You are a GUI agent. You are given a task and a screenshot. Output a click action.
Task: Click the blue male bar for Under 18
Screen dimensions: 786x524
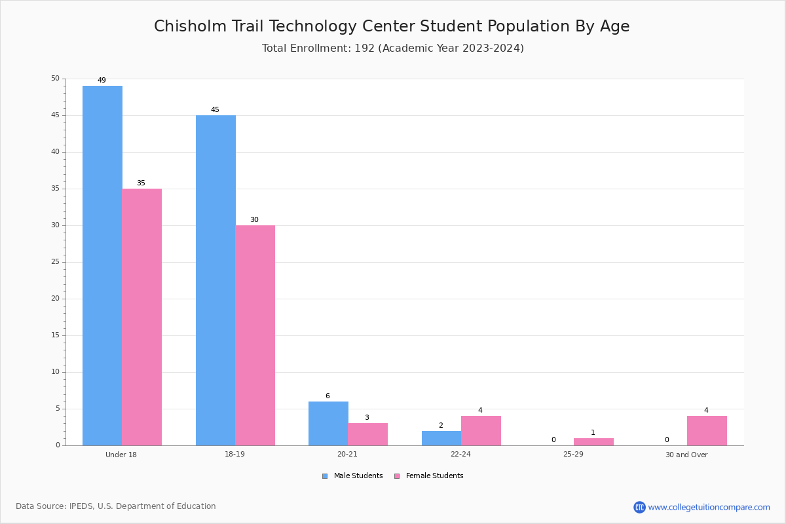[x=102, y=266]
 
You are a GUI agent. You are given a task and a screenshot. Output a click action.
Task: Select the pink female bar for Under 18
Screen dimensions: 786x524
[x=141, y=317]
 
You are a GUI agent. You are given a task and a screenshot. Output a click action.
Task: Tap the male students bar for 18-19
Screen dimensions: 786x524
[x=215, y=280]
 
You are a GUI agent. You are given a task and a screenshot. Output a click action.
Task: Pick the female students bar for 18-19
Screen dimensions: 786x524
[x=255, y=335]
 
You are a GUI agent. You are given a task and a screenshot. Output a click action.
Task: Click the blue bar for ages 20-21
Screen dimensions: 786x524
[x=328, y=424]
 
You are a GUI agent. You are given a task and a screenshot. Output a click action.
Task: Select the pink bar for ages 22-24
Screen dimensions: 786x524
[x=481, y=431]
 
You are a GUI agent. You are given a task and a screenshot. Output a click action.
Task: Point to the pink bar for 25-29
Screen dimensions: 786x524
[x=593, y=442]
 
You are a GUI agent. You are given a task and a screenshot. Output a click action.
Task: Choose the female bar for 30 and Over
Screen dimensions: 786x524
[x=707, y=431]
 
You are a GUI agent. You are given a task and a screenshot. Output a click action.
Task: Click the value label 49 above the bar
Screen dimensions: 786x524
[x=102, y=80]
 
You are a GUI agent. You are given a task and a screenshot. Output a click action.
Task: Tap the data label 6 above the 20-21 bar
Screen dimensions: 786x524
[x=327, y=396]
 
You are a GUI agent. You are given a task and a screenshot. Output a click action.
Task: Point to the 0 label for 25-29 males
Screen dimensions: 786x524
[x=553, y=440]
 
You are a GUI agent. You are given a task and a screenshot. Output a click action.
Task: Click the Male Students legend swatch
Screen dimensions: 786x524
[x=325, y=476]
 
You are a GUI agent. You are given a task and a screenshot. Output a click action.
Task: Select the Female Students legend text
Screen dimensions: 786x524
[x=434, y=476]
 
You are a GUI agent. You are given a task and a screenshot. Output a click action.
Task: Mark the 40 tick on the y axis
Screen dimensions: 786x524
[x=56, y=152]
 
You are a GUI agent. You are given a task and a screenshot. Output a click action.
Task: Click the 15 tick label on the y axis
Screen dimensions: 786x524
[x=56, y=335]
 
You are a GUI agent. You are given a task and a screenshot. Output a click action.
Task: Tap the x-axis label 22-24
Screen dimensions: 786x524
[x=460, y=454]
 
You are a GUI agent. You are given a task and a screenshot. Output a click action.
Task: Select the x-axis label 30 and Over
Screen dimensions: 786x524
[x=686, y=455]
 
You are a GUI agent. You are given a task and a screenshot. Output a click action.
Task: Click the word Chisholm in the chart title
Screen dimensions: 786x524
[x=190, y=26]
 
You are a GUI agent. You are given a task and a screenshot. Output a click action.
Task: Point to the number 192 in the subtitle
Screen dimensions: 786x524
[x=365, y=48]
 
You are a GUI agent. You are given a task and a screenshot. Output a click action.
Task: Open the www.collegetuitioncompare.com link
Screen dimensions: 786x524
[x=709, y=507]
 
